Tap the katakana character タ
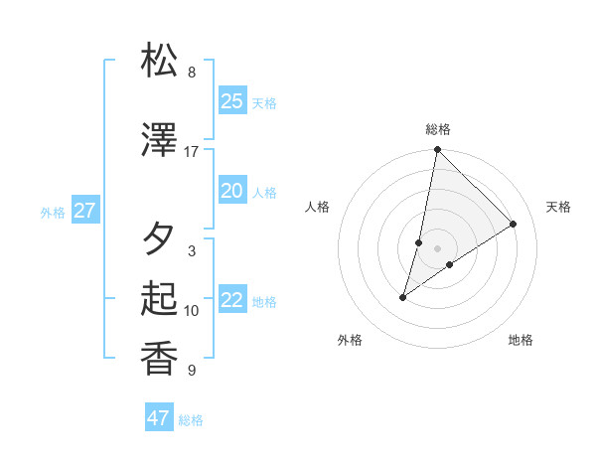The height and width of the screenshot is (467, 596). pos(161,238)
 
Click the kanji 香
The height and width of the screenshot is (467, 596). pos(161,358)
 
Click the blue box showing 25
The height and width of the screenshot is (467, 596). pos(232,100)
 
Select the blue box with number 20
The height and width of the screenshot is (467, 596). pos(232,191)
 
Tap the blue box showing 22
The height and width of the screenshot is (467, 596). pos(232,301)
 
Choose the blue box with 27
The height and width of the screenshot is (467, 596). pos(84,211)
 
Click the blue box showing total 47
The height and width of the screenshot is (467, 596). pos(159,418)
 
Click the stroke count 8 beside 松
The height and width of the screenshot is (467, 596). pos(192,73)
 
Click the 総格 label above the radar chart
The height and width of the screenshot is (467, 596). pos(438,129)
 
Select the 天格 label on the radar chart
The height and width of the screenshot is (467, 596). pos(558,207)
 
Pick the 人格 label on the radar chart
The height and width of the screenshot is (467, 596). pos(317,207)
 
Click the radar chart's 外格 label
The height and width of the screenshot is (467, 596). pos(350,341)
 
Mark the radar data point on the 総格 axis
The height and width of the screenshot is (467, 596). pos(438,150)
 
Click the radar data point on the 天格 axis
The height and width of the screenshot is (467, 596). pos(514,224)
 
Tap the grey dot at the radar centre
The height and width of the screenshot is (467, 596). pos(438,247)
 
